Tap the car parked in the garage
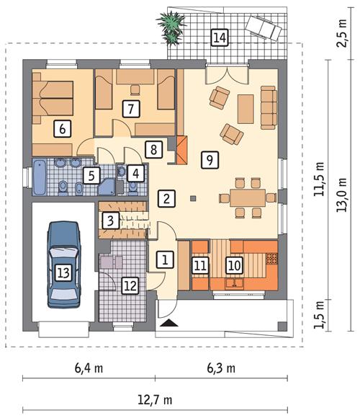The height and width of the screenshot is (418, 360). tap(63, 264)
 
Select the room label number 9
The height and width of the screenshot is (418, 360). tap(209, 159)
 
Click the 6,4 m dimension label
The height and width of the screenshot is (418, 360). tap(89, 368)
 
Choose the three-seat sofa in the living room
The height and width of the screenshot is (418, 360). tap(268, 105)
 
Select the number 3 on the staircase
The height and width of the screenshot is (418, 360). tap(110, 221)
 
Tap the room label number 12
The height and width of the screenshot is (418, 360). tap(129, 286)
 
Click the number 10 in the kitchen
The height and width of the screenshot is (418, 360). tap(233, 265)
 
